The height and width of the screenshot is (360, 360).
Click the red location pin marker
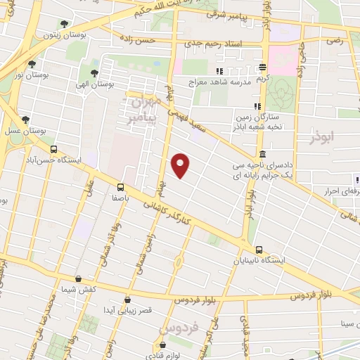click(181, 165)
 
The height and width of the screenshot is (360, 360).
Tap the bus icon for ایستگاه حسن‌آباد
click(54, 149)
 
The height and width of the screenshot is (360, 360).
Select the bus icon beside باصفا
click(120, 187)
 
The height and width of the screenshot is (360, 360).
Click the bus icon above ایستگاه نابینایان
click(259, 250)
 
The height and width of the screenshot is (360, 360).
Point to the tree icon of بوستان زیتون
click(66, 23)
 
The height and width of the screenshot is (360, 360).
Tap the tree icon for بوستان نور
click(32, 64)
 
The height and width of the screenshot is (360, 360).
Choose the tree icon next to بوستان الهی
click(94, 72)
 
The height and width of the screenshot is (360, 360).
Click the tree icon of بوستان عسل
click(26, 120)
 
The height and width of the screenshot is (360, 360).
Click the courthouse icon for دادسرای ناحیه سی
click(262, 154)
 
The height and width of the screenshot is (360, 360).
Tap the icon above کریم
click(263, 68)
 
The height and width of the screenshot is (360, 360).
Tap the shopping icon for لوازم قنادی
click(162, 345)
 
